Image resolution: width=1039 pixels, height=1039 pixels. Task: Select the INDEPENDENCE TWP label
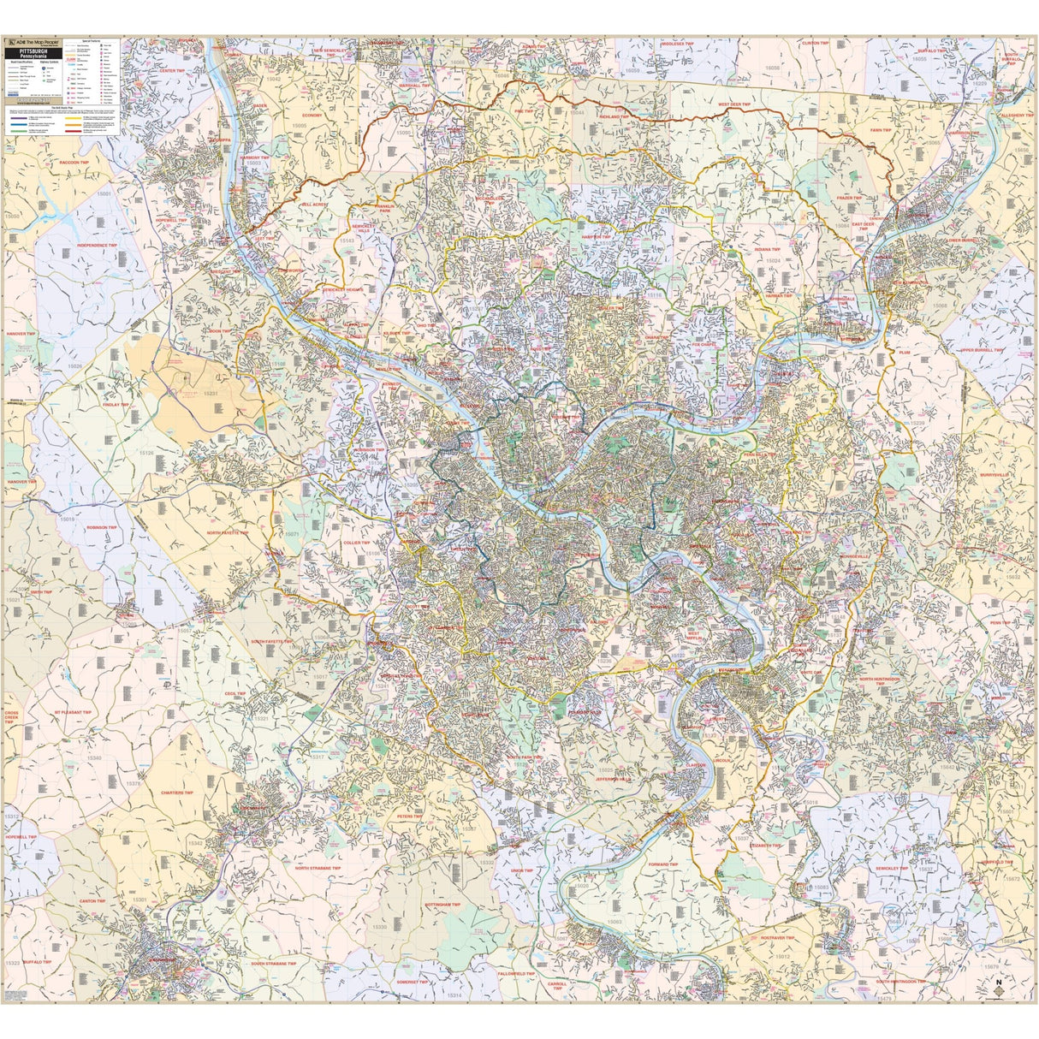point(96,245)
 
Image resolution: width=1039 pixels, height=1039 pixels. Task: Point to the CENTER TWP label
point(172,70)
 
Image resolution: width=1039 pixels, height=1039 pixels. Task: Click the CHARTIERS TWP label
point(179,792)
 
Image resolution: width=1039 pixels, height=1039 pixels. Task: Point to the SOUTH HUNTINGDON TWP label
point(907,981)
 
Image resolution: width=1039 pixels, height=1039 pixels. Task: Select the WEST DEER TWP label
point(733,104)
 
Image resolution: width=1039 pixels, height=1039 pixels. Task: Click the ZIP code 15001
point(104,194)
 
